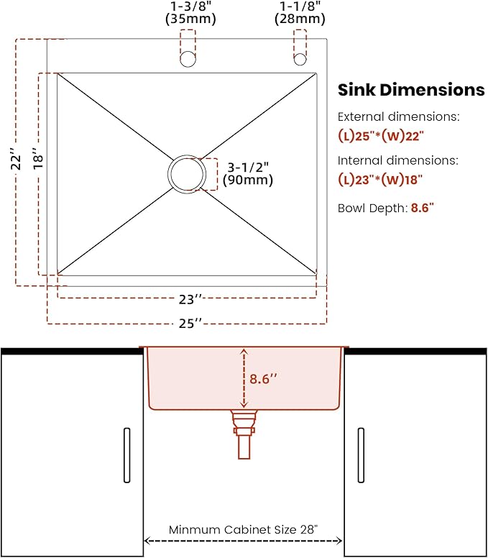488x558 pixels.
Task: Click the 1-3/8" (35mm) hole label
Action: tap(188, 14)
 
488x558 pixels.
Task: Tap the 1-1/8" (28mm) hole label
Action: tap(300, 14)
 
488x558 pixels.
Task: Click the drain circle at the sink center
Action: tap(188, 173)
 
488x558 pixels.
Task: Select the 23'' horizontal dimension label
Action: tap(189, 298)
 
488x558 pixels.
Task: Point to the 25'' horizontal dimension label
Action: tap(189, 324)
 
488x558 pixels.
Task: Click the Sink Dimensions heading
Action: tap(411, 90)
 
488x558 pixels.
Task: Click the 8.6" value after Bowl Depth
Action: tap(423, 209)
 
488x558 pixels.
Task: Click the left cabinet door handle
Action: tap(127, 455)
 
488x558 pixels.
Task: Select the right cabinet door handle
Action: tap(360, 455)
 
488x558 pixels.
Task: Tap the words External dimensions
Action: tap(398, 116)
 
